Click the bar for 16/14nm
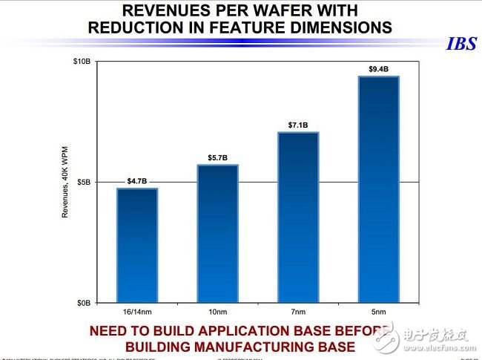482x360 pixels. pyautogui.click(x=137, y=246)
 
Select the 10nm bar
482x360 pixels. pyautogui.click(x=217, y=234)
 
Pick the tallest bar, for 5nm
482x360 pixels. pyautogui.click(x=378, y=189)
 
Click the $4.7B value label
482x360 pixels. pyautogui.click(x=137, y=180)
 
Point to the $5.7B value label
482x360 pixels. pyautogui.click(x=217, y=157)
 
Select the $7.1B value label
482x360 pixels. pyautogui.click(x=298, y=125)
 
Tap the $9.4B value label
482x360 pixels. pyautogui.click(x=378, y=69)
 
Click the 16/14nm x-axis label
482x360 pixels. pyautogui.click(x=137, y=312)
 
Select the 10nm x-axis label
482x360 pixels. pyautogui.click(x=217, y=312)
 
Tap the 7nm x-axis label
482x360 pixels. pyautogui.click(x=298, y=312)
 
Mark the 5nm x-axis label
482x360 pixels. pyautogui.click(x=378, y=312)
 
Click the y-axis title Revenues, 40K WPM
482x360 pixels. pyautogui.click(x=65, y=181)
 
